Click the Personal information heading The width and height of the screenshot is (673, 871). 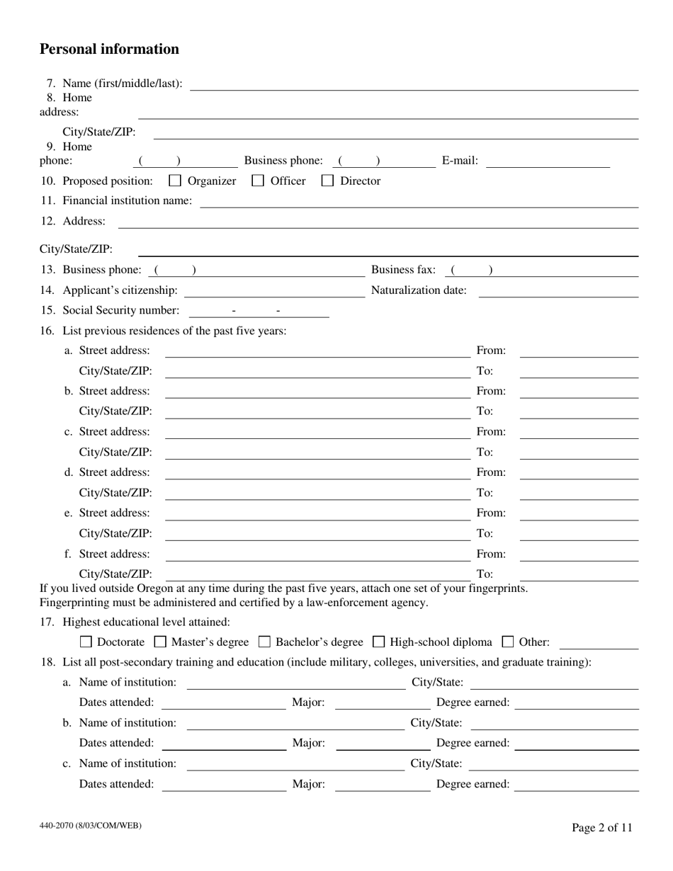point(109,49)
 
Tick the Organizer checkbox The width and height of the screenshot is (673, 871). point(176,181)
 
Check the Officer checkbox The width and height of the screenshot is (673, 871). point(259,181)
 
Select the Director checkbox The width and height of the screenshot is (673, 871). point(328,181)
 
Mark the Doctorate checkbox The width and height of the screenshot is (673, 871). point(86,643)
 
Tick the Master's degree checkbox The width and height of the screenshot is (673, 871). point(160,643)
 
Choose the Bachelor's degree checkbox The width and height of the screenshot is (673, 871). point(264,643)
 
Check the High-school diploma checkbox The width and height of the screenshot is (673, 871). point(378,643)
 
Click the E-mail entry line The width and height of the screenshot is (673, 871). point(548,162)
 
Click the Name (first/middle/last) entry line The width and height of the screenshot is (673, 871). point(414,85)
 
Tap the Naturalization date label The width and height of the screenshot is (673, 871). point(419,290)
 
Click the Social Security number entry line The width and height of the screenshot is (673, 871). point(259,312)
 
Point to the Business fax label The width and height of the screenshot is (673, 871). point(403,270)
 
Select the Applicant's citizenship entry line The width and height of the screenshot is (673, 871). point(273,291)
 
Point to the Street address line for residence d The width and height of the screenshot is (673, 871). point(317,473)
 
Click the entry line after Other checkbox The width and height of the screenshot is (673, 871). point(599,644)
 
